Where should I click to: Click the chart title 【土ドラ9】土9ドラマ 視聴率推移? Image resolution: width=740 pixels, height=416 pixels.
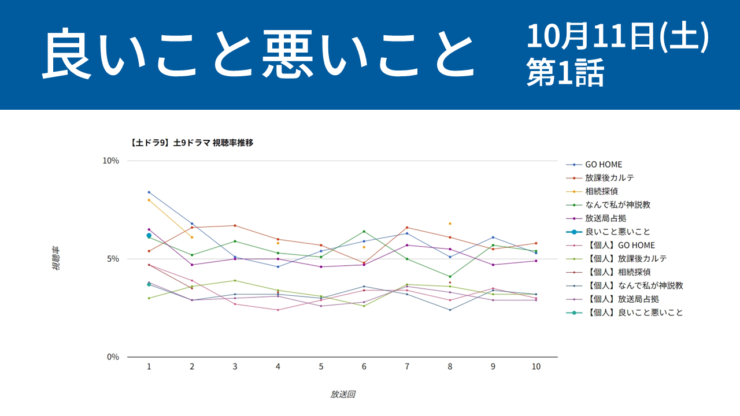point(192,142)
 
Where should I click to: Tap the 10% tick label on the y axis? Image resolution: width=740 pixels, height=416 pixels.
point(110,161)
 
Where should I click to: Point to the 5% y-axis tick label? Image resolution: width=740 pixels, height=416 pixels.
point(112,259)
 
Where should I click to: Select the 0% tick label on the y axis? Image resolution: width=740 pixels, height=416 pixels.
point(112,357)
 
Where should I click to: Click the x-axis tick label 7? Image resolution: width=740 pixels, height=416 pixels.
point(407,367)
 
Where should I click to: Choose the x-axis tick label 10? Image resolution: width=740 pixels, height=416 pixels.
point(536,367)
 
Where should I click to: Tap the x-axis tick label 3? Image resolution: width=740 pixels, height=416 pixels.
point(235,367)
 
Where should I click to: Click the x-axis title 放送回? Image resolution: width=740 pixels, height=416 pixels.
point(342,395)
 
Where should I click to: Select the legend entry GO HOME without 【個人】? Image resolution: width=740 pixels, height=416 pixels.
point(604,165)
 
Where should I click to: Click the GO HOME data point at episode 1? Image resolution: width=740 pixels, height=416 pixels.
point(149,192)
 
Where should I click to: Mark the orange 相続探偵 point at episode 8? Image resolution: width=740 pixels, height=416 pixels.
point(450,224)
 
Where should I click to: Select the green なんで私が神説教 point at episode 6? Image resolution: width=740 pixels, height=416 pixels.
point(364,231)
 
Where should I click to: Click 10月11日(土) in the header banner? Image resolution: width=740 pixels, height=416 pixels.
point(617,38)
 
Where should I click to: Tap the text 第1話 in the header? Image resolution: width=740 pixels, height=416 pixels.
point(565,74)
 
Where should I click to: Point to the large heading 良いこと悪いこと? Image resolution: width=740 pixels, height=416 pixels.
point(257,55)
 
